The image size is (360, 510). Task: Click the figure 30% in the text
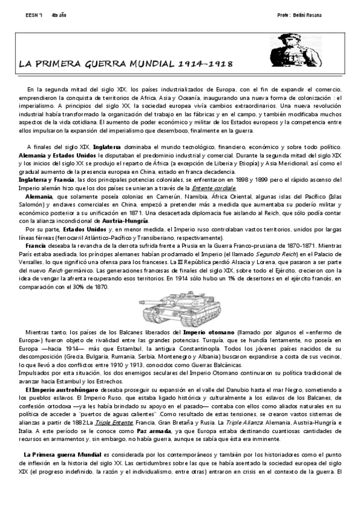coord(85,286)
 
